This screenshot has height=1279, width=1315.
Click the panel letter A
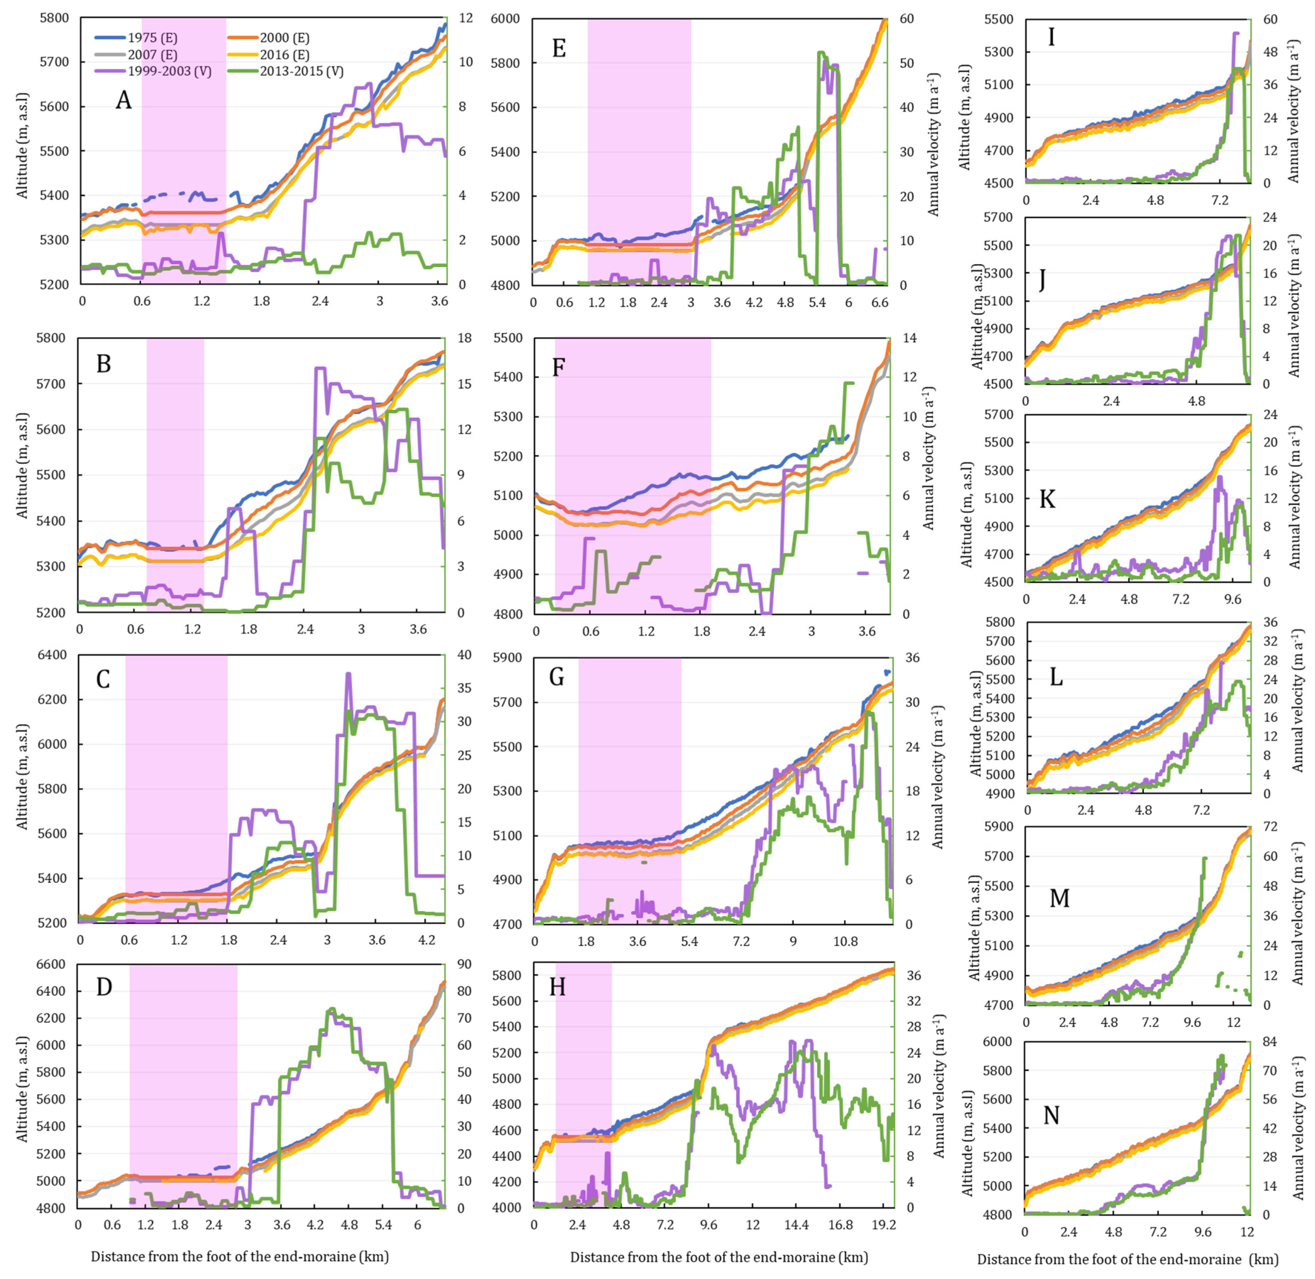(124, 101)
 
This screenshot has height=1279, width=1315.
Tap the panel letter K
(1047, 499)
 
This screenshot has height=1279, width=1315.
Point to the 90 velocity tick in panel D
(464, 964)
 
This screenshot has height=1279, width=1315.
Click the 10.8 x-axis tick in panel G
(846, 942)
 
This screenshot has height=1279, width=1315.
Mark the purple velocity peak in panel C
(348, 674)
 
